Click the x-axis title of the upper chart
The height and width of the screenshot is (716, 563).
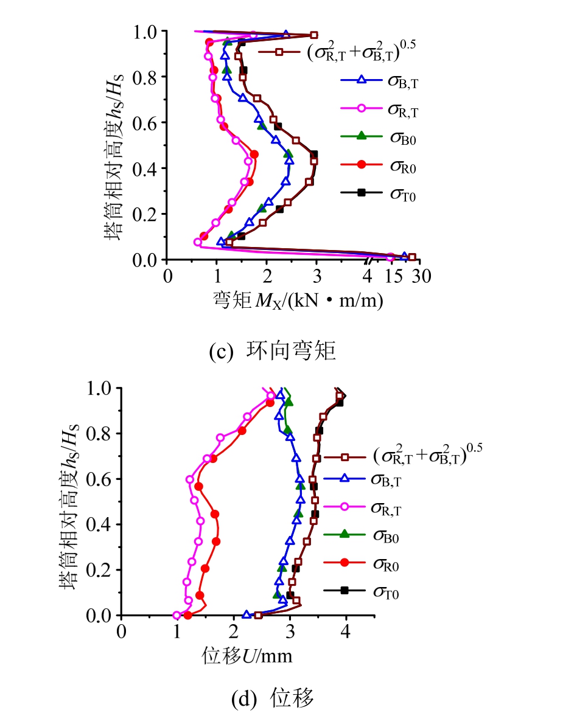(x=298, y=300)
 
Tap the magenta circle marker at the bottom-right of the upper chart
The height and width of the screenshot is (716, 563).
(x=390, y=257)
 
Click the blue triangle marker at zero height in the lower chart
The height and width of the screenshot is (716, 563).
(x=247, y=614)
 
